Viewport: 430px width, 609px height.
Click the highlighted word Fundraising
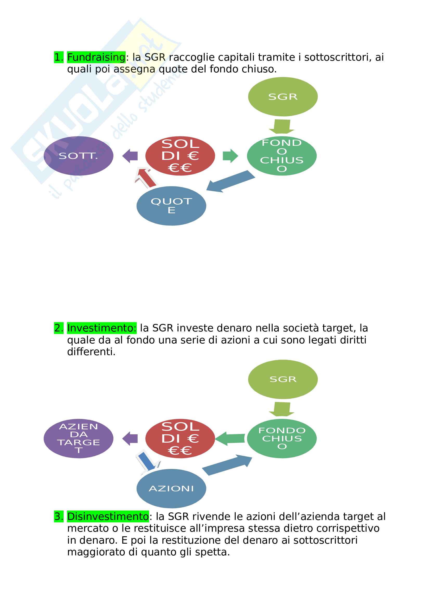tap(96, 57)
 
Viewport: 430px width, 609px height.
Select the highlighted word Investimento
tap(101, 328)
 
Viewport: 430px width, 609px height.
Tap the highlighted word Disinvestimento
tap(108, 516)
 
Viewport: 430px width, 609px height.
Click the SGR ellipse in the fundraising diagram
tap(283, 97)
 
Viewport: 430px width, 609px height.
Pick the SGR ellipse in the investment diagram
tap(283, 379)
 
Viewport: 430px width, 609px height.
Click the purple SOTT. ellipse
tap(78, 156)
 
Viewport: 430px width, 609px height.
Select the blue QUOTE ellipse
tap(171, 206)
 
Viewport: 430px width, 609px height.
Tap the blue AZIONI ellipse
tap(171, 488)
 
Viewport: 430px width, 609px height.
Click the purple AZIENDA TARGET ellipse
tap(78, 438)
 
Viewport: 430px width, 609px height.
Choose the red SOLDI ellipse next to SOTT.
tap(180, 156)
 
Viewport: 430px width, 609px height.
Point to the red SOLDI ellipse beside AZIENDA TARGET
tap(180, 438)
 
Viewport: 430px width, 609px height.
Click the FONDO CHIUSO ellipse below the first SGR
tap(282, 156)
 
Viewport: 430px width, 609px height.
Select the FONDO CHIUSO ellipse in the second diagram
tap(282, 438)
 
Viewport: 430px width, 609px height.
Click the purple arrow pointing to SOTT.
tap(130, 156)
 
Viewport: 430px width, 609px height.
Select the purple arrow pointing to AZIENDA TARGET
tap(130, 438)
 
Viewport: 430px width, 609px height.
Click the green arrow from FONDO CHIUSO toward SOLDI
tap(230, 438)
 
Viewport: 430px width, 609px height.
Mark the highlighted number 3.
tap(59, 516)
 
